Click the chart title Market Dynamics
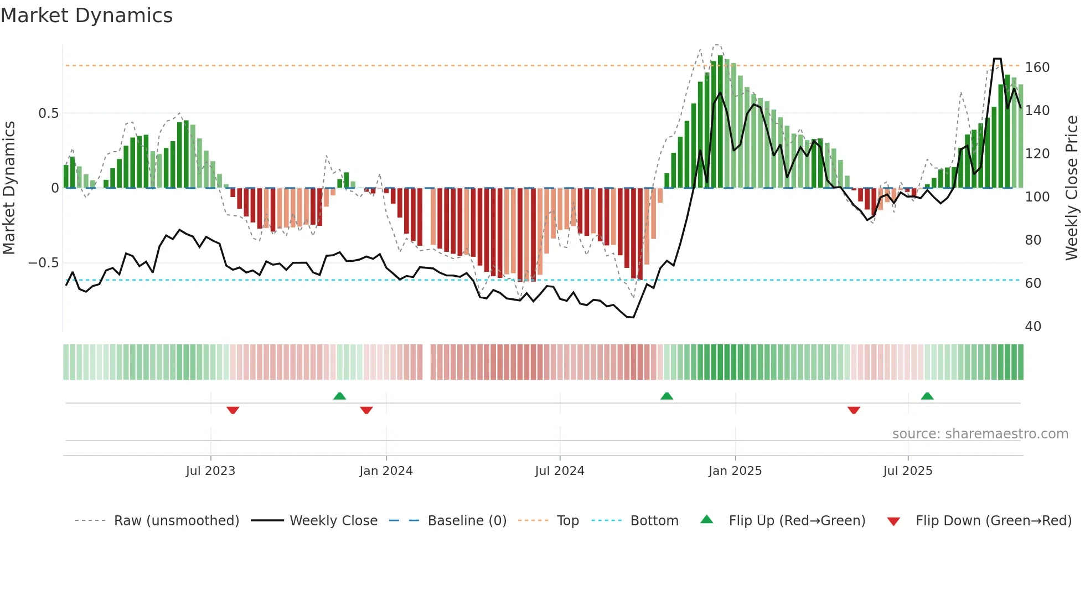click(x=86, y=15)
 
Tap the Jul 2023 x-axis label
click(x=210, y=471)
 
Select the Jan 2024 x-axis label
click(x=386, y=471)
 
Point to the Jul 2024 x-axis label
click(x=560, y=471)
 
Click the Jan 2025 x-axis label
click(x=735, y=471)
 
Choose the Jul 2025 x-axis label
click(x=908, y=471)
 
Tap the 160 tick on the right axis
click(x=1037, y=68)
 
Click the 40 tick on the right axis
click(x=1033, y=327)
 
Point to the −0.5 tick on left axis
click(x=44, y=263)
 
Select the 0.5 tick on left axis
click(x=48, y=113)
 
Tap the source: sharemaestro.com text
click(x=980, y=434)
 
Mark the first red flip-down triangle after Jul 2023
click(x=232, y=410)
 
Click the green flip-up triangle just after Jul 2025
click(x=927, y=396)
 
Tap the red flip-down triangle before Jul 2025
click(x=854, y=410)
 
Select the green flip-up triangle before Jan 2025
click(x=666, y=396)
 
